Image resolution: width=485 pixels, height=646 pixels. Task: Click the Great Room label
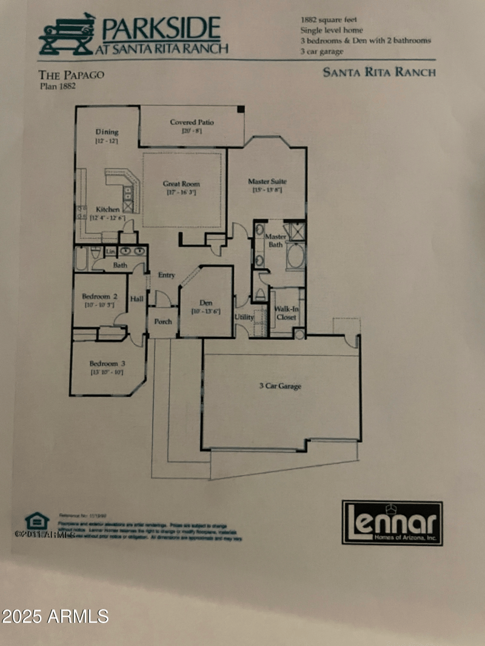[x=181, y=184]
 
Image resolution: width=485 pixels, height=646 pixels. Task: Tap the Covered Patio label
[x=192, y=122]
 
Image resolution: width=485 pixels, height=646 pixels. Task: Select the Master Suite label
[x=267, y=181]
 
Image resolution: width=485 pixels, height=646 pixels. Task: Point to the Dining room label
[x=107, y=132]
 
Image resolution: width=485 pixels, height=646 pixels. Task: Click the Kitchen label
[x=108, y=210]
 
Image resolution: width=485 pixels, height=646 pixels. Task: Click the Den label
[x=206, y=303]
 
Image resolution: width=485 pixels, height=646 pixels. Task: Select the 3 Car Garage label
[x=280, y=386]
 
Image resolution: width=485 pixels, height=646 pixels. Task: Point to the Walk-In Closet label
[x=286, y=313]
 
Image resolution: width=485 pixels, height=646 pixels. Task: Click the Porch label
[x=163, y=321]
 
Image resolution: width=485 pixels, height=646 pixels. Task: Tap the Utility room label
[x=244, y=317]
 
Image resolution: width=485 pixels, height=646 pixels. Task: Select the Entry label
[x=167, y=275]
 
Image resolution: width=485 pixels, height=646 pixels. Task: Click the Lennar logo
[x=392, y=522]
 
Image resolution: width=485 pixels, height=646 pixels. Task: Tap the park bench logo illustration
[x=67, y=35]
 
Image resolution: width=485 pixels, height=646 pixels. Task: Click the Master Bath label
[x=276, y=240]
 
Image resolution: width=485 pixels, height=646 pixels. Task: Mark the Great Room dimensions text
[x=181, y=193]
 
